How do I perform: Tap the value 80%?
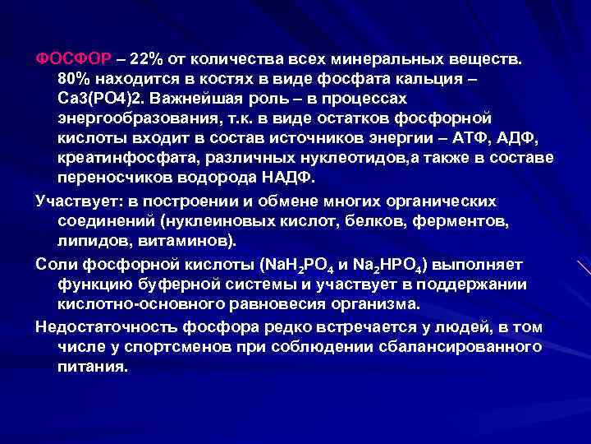point(76,79)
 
